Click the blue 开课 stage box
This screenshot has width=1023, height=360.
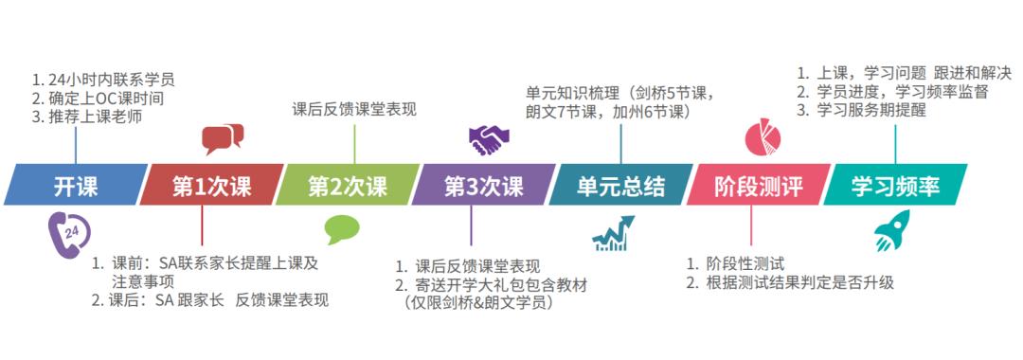tap(76, 186)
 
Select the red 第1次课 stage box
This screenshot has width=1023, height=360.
tap(210, 186)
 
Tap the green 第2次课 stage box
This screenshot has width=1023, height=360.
tap(347, 186)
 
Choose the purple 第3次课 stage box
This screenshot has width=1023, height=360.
tap(483, 186)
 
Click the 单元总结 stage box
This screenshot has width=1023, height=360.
tap(620, 186)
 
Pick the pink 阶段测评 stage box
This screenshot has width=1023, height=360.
tap(757, 186)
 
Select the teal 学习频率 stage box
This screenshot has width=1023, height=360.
tap(894, 186)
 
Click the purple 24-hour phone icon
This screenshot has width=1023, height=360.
tap(66, 230)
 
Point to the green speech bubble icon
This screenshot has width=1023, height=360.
tap(342, 230)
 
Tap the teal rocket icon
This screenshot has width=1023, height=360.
tap(892, 232)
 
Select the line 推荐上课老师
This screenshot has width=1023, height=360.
tap(88, 118)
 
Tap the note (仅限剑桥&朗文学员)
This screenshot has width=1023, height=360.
tap(479, 304)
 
